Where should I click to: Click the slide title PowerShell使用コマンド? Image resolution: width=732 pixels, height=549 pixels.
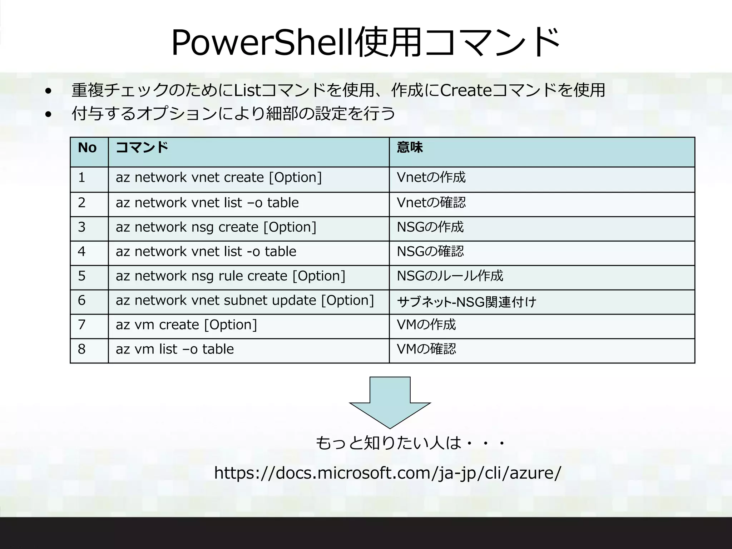pos(365,42)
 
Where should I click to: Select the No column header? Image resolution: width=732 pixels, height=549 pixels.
pos(87,148)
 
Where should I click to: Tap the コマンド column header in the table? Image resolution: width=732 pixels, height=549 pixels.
pos(142,148)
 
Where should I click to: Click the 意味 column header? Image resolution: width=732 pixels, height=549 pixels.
pos(410,148)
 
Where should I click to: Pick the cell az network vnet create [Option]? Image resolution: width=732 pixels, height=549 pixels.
pos(218,178)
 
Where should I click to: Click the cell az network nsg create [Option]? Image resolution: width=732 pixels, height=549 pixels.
pos(216,227)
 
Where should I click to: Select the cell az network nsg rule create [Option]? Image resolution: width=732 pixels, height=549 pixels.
pos(230,276)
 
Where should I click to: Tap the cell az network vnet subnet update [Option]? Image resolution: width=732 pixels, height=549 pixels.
pos(244,301)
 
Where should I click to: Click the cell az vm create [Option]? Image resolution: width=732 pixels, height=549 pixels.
pos(186,325)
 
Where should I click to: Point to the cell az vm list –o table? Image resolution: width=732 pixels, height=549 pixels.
pos(174,349)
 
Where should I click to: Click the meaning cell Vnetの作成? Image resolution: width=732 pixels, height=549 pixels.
pos(431,178)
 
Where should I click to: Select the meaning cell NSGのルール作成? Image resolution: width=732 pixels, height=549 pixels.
pos(450,276)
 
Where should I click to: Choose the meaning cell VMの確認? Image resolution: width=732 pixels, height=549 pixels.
pos(426,349)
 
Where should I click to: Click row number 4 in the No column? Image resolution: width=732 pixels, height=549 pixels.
pos(81,252)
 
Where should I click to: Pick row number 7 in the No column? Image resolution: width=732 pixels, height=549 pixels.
pos(81,325)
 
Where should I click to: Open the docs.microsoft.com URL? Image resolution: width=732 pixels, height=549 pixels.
pos(387,473)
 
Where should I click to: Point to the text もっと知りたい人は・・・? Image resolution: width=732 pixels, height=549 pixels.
pos(410,443)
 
